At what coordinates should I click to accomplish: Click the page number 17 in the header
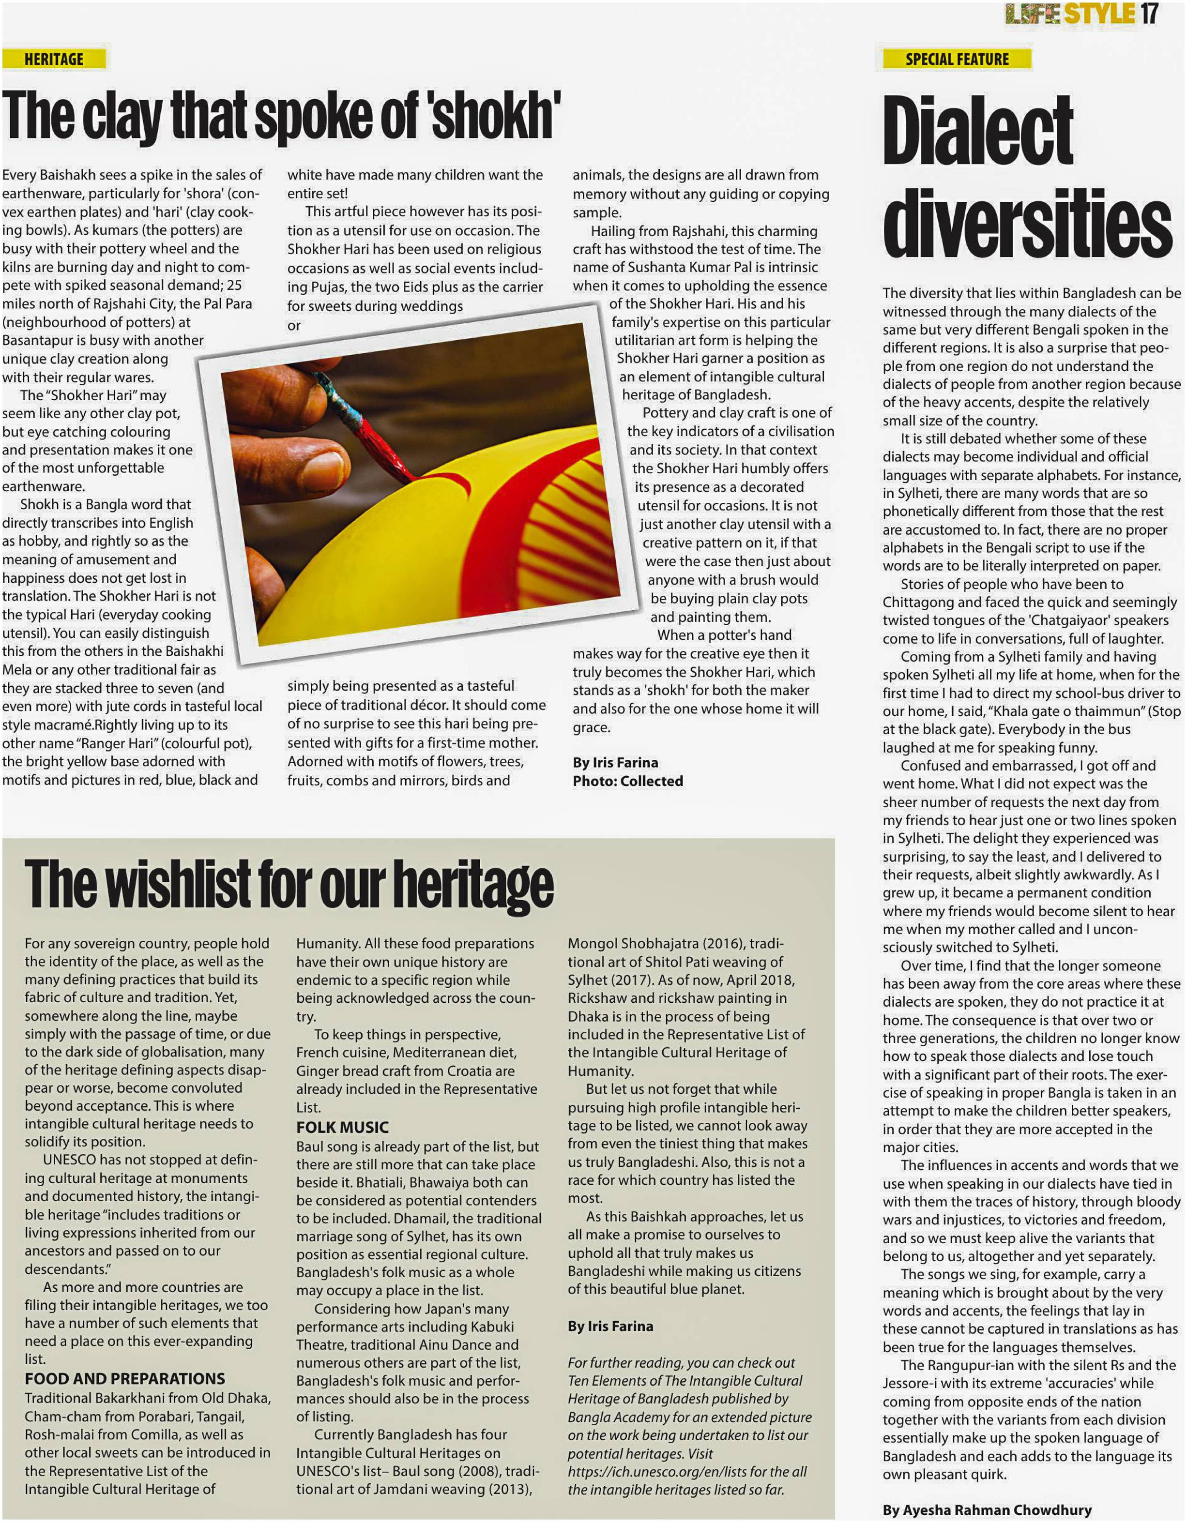pos(1149,14)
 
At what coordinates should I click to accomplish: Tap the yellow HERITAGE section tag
pos(54,59)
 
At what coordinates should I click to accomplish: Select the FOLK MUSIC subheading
pos(342,1128)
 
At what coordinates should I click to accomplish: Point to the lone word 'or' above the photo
pos(294,326)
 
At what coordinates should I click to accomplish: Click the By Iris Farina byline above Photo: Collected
pos(615,762)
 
